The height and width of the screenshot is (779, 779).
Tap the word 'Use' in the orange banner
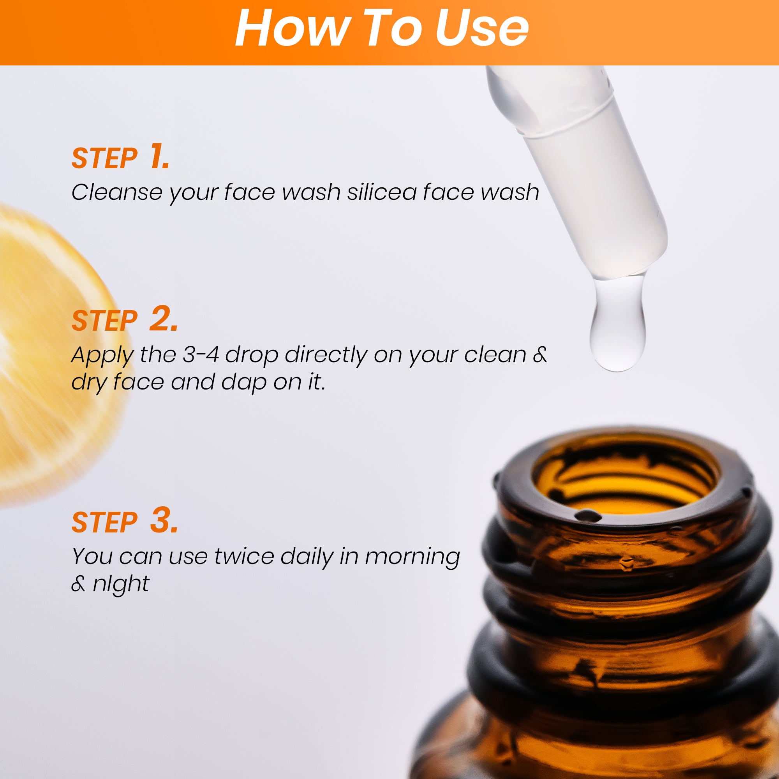(482, 28)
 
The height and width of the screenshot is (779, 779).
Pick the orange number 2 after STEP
(164, 319)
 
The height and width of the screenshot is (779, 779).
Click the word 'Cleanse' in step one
(117, 192)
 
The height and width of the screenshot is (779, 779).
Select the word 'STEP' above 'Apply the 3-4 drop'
(104, 321)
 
